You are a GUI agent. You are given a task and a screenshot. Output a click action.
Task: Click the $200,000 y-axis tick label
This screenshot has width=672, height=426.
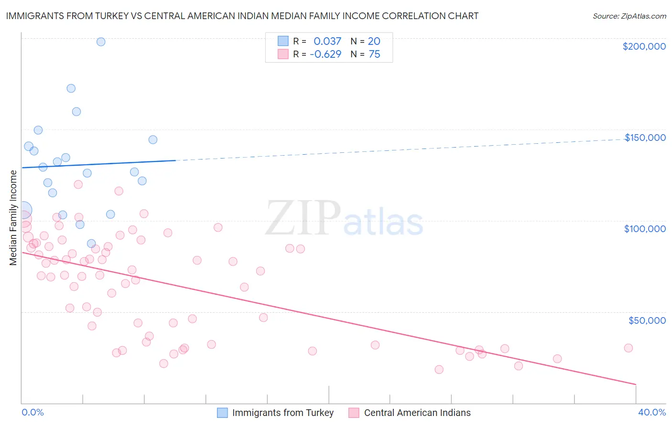[x=644, y=46]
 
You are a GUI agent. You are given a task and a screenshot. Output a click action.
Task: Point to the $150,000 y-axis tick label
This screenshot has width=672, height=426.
[x=645, y=138]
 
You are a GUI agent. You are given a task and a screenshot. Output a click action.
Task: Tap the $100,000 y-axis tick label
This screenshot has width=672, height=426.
[x=645, y=229]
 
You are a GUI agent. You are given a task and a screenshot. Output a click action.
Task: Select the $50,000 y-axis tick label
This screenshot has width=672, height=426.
[x=647, y=320]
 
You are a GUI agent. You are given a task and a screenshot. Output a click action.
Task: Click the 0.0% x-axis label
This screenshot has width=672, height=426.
[x=33, y=412]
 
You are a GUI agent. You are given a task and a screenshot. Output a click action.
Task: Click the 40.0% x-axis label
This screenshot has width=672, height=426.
[x=651, y=412]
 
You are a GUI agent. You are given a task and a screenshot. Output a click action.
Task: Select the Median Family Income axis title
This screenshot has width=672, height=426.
[x=13, y=217]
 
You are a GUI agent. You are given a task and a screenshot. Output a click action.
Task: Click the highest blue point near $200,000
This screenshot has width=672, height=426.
[x=101, y=42]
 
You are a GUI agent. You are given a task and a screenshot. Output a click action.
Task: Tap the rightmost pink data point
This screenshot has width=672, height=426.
[x=628, y=348]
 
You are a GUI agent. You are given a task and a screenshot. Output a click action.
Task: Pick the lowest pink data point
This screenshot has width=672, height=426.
[x=439, y=369]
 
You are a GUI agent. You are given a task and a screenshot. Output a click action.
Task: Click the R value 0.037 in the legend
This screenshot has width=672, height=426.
[x=327, y=42]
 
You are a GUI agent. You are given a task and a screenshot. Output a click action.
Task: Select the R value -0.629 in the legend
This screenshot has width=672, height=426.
[x=325, y=54]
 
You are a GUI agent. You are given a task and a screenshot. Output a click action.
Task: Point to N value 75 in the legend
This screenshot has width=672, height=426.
[x=374, y=54]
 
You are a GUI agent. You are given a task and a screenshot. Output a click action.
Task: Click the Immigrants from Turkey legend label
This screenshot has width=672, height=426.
[x=282, y=413]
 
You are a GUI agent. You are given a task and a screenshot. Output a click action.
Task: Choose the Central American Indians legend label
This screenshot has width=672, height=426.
[x=417, y=413]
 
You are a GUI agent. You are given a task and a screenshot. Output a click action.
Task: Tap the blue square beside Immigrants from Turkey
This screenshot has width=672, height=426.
[x=222, y=413]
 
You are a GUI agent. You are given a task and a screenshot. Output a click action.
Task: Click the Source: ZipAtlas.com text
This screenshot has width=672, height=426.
[x=629, y=16]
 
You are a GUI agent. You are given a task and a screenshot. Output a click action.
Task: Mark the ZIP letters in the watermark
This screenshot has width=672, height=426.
[x=303, y=218]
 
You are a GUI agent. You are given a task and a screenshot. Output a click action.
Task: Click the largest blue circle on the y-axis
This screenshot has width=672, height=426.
[x=23, y=210]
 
